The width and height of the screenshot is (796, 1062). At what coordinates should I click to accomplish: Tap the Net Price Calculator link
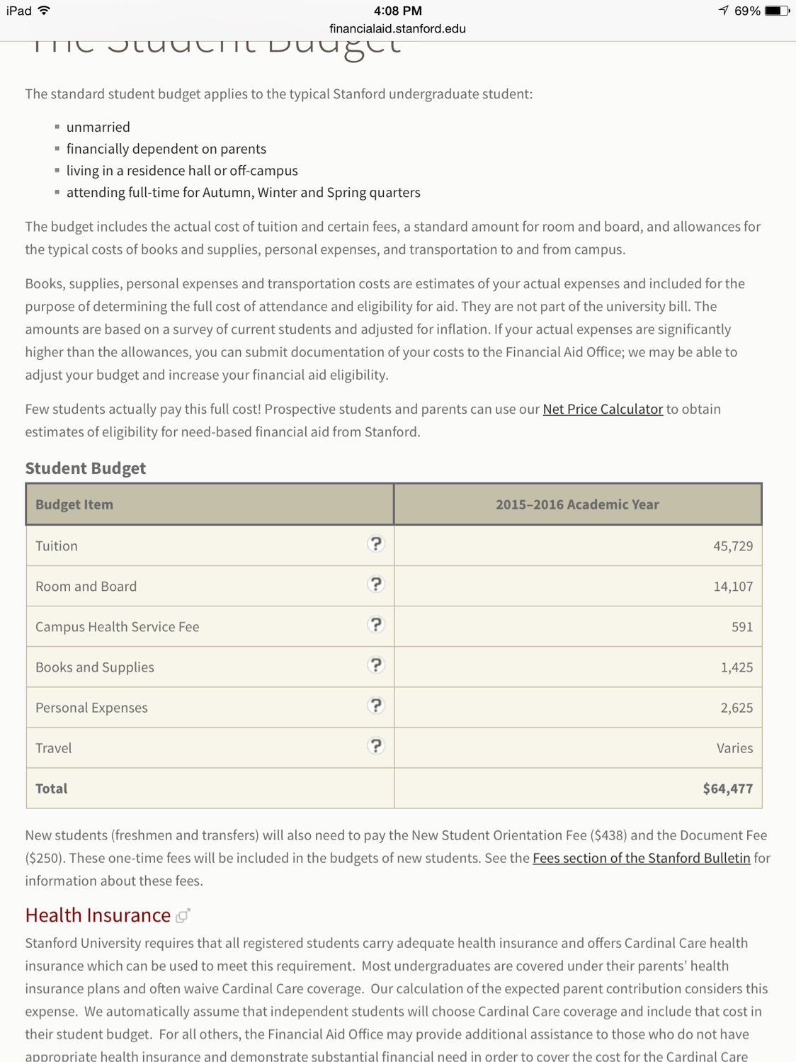click(603, 409)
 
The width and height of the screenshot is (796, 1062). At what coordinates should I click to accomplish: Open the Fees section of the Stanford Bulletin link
click(641, 858)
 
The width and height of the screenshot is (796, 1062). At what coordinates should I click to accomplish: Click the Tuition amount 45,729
click(732, 546)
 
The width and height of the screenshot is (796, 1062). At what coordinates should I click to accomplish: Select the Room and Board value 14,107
click(732, 587)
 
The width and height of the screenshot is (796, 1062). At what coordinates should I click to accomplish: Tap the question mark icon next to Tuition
click(376, 544)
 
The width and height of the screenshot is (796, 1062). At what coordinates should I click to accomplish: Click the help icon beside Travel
click(376, 746)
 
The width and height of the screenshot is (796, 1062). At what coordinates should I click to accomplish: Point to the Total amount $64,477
click(727, 789)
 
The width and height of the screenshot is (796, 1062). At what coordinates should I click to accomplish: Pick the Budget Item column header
click(74, 504)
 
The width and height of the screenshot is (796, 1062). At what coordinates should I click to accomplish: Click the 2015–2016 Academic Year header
click(577, 504)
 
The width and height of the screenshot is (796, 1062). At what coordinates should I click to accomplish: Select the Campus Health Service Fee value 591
click(741, 627)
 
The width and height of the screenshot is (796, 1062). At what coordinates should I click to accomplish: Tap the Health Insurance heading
click(98, 915)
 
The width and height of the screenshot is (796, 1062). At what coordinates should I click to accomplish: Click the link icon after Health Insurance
click(183, 916)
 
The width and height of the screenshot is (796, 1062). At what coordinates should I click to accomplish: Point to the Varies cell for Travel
click(734, 748)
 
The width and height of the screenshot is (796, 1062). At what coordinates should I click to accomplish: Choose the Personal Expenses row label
click(91, 708)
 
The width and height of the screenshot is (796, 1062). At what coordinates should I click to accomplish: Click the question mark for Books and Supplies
click(376, 665)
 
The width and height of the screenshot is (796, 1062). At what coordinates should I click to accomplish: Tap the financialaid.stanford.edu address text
click(397, 29)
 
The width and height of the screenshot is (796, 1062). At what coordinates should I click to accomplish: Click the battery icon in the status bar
click(776, 11)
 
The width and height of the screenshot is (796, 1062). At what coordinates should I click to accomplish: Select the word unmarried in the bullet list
click(98, 128)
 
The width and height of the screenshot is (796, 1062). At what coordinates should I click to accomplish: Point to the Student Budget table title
click(86, 468)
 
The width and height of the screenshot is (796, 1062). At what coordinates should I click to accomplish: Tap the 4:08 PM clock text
click(397, 11)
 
